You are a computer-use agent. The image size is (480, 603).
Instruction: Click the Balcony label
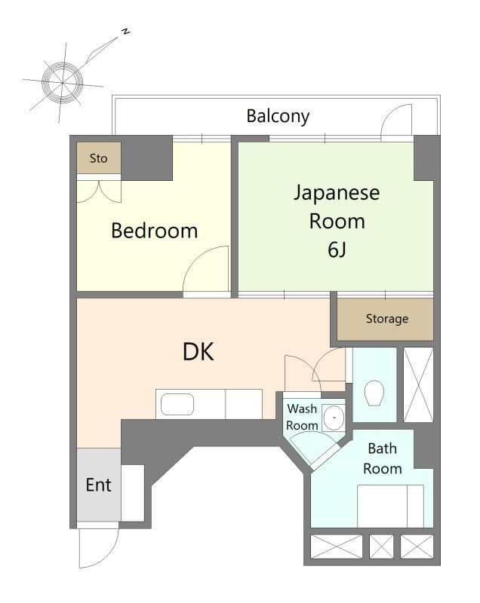click(x=278, y=116)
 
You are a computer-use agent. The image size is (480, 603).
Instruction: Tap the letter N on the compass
click(x=125, y=32)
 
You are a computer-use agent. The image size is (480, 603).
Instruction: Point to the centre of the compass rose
click(x=62, y=82)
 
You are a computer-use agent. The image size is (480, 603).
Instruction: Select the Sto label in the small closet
click(x=99, y=158)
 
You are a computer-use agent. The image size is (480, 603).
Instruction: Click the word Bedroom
click(x=155, y=231)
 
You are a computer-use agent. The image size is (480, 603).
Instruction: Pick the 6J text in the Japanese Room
click(x=337, y=249)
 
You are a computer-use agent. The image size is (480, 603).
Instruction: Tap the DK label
click(x=198, y=351)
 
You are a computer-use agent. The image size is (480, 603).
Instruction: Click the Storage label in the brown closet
click(x=387, y=318)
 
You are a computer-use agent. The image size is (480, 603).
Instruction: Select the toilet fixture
click(x=374, y=393)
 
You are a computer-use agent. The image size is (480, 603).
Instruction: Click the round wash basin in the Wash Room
click(x=334, y=418)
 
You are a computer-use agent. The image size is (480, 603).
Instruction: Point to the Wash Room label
click(x=302, y=417)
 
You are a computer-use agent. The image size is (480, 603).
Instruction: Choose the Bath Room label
click(x=382, y=458)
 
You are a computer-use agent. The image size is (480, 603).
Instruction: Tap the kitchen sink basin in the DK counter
click(x=177, y=404)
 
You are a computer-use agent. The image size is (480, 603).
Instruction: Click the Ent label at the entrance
click(x=99, y=485)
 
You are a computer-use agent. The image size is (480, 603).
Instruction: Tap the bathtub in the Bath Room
click(x=390, y=506)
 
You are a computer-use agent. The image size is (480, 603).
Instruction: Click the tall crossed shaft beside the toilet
click(x=418, y=384)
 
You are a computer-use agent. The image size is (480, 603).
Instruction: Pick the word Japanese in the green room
click(x=337, y=193)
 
